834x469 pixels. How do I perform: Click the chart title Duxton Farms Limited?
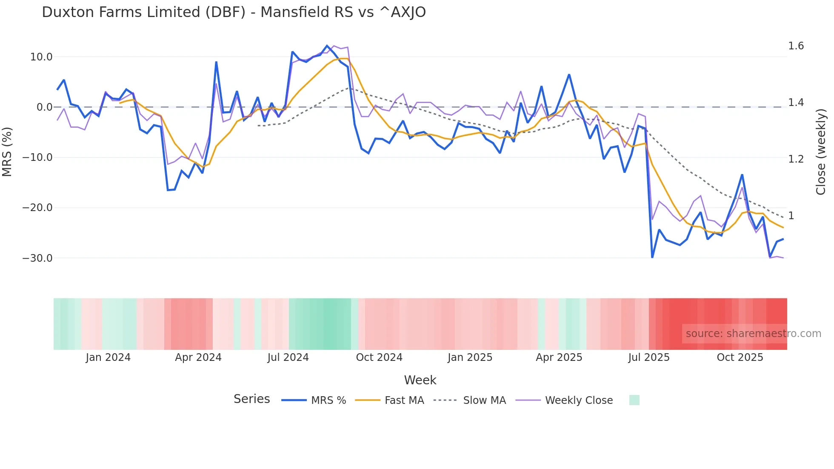pos(234,12)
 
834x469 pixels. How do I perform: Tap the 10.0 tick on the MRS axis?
pos(41,57)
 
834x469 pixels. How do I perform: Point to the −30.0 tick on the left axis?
pos(37,258)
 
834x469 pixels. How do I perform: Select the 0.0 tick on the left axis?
pos(44,107)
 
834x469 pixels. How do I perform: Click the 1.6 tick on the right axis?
pos(796,46)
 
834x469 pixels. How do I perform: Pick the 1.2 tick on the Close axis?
pos(796,159)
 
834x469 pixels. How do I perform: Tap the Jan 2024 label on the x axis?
pos(108,357)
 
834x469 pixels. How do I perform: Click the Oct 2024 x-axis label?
pos(379,357)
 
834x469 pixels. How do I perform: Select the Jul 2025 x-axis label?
pos(649,357)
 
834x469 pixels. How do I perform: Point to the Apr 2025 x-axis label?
pos(559,357)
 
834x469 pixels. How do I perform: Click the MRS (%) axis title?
pos(7,152)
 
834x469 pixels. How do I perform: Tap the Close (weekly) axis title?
pos(821,152)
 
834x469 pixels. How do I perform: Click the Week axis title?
pos(420,380)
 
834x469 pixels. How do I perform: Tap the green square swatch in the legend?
pos(634,400)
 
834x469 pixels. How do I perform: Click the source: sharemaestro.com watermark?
pos(753,334)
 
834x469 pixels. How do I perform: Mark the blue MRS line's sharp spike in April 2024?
pos(216,63)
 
